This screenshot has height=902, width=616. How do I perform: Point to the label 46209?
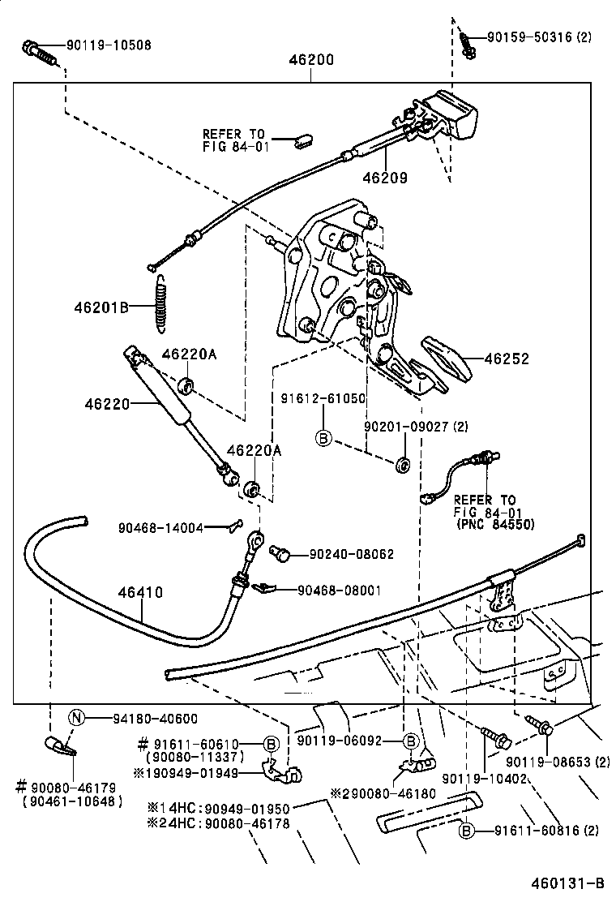(384, 177)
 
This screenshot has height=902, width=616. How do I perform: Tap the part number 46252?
(507, 359)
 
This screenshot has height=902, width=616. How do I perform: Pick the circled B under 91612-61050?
(323, 438)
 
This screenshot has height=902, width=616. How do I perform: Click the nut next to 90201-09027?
(401, 466)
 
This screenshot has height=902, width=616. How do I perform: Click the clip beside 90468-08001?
(265, 586)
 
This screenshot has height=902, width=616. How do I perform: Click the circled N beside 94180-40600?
(75, 717)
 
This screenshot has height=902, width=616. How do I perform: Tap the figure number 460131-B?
(570, 883)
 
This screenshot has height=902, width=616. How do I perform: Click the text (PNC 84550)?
(488, 525)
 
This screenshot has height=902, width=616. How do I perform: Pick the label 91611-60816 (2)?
(545, 830)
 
